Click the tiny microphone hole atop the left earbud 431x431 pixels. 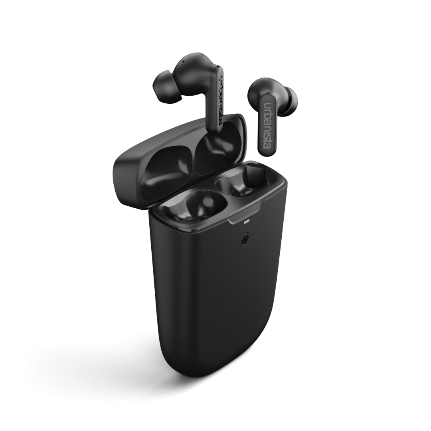183,62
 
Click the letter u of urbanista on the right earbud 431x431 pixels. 268,105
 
